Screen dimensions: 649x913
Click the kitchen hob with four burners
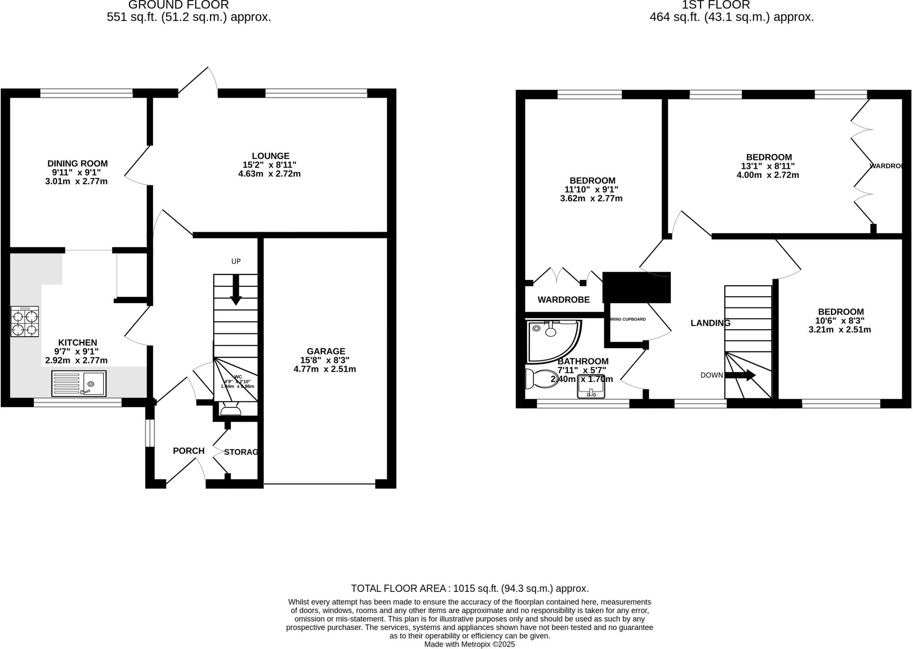pos(25,321)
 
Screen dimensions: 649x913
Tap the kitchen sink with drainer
pos(79,383)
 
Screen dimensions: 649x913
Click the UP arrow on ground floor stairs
pos(235,290)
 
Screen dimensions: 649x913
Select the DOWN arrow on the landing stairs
pos(740,375)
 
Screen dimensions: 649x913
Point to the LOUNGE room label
pos(271,156)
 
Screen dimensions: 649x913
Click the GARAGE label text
pos(325,351)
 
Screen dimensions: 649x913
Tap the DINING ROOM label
pos(78,164)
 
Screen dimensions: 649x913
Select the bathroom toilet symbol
pos(537,378)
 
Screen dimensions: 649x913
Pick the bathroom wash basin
pos(591,387)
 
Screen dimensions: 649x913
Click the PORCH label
pos(189,451)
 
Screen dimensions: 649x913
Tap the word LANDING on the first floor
pos(710,323)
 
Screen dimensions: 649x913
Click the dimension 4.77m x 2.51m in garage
pos(325,369)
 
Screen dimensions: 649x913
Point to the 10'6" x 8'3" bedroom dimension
pos(840,320)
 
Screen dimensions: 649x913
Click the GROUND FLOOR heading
pos(178,5)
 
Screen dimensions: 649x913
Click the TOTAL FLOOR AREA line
pos(469,588)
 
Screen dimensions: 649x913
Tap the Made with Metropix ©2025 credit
pos(469,644)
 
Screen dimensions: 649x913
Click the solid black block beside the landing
pos(637,287)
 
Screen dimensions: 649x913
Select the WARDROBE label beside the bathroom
pos(563,300)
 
